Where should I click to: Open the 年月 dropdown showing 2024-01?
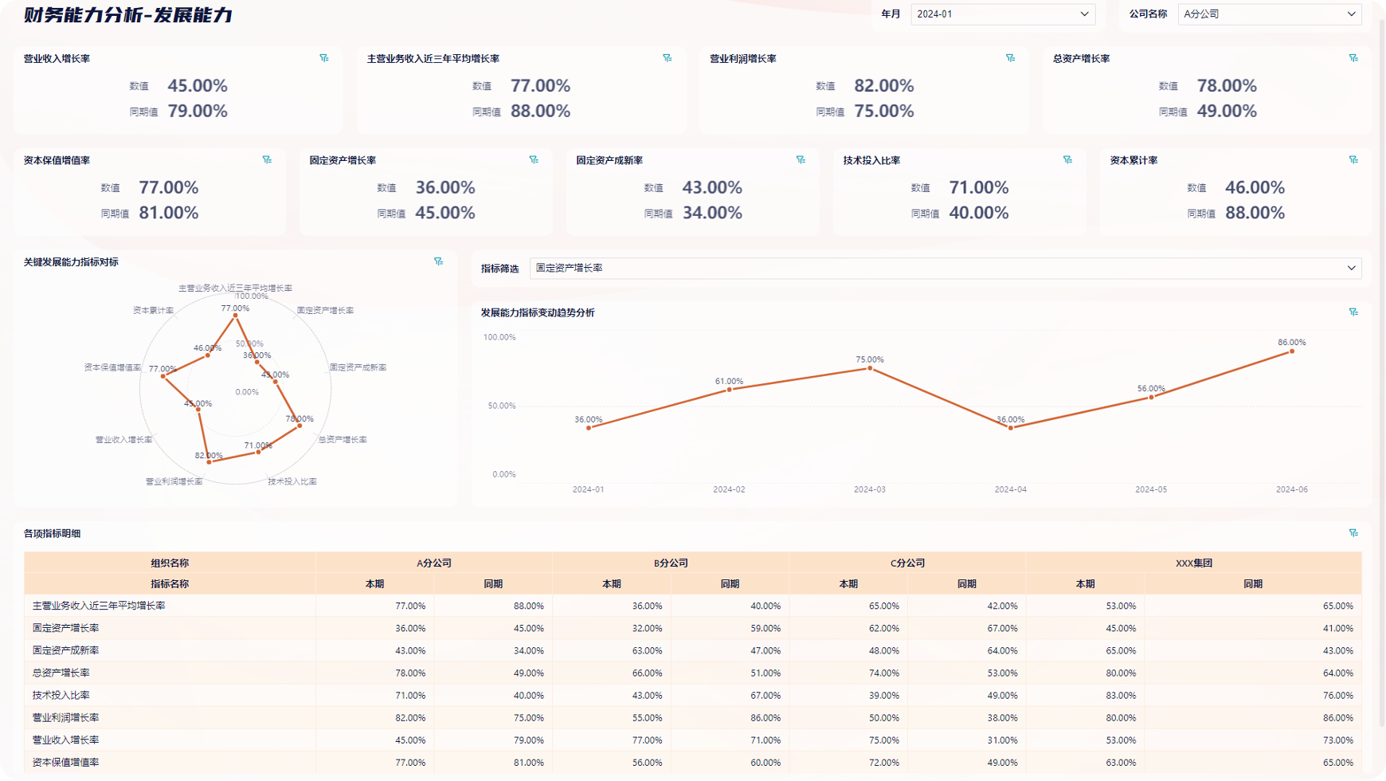click(x=1002, y=14)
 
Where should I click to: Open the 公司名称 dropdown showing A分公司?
click(x=1269, y=14)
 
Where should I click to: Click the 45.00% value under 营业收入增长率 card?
click(x=198, y=86)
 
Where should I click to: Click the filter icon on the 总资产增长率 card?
click(x=1353, y=58)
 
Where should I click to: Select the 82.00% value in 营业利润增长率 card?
click(x=883, y=86)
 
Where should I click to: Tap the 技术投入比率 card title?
click(x=871, y=160)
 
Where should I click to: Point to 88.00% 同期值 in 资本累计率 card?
click(x=1255, y=213)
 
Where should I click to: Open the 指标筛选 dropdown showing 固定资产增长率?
click(x=945, y=269)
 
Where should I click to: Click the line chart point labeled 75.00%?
click(x=870, y=368)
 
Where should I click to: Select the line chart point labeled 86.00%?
click(x=1292, y=351)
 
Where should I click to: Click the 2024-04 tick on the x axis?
click(x=1010, y=489)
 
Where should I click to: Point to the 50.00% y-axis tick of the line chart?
click(x=501, y=406)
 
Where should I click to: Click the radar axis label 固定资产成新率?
click(x=358, y=367)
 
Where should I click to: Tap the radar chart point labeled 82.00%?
click(x=209, y=462)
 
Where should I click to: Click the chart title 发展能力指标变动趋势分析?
click(x=538, y=312)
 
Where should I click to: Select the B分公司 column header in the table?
click(x=671, y=563)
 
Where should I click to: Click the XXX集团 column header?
click(x=1193, y=563)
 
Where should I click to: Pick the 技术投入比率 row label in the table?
click(x=61, y=695)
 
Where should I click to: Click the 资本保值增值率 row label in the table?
click(x=65, y=762)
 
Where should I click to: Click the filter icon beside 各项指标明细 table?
click(x=1353, y=533)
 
